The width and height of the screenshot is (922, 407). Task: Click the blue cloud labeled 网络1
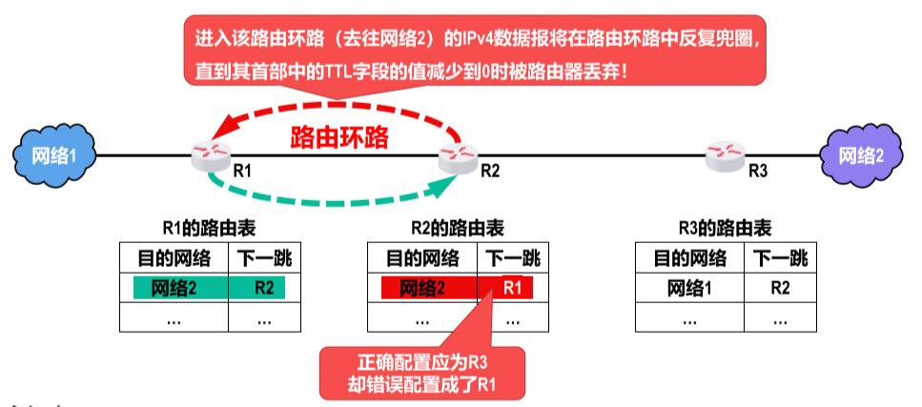51,155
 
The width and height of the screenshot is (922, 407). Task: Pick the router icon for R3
727,155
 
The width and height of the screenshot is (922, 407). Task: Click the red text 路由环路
339,137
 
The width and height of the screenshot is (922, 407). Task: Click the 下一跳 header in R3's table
780,257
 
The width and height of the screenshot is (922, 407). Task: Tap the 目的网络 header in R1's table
174,257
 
